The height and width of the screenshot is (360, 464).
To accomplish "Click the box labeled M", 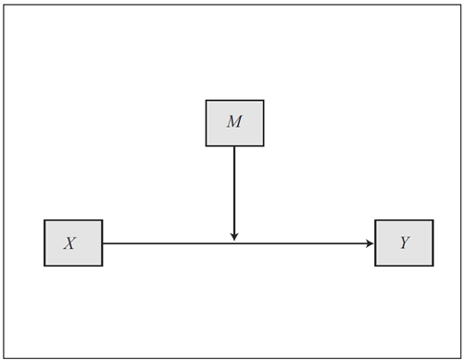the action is point(235,123).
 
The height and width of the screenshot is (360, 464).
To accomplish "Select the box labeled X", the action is point(73,242).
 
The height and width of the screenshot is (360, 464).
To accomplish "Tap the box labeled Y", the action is point(404,242).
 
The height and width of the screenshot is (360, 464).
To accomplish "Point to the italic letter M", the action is point(234,121).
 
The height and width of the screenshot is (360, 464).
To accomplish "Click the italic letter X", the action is point(69,243).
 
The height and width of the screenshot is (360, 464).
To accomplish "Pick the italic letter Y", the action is point(405,242).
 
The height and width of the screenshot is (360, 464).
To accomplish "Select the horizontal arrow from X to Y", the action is point(238,243).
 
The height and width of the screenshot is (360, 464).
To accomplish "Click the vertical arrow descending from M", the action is point(234,193).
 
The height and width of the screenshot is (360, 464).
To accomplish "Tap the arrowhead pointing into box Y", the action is point(370,243).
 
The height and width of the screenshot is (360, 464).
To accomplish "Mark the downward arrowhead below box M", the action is point(234,237).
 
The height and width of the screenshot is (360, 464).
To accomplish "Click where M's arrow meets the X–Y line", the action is point(234,243).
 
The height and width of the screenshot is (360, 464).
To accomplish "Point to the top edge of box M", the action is point(235,100).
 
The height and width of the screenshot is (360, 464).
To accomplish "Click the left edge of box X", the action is point(44,242).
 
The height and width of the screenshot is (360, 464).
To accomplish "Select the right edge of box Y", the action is point(433,242).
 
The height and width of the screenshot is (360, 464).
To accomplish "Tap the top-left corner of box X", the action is point(44,220).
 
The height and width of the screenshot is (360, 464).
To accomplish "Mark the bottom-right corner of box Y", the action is point(433,266).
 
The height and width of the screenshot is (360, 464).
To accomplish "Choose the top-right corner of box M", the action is point(264,100).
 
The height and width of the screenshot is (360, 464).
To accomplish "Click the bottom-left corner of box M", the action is point(207,146).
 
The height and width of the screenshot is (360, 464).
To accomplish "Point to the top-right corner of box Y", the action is point(433,220).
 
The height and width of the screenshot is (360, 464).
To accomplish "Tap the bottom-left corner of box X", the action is point(44,266).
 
